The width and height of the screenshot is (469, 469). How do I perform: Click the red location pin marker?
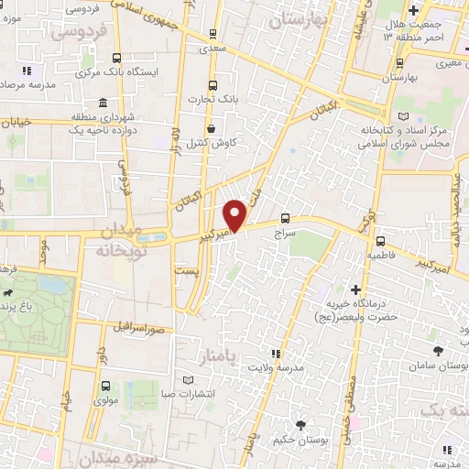(235, 215)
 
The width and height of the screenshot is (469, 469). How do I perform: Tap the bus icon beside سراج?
(287, 218)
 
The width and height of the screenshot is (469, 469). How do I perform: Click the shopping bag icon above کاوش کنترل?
(213, 129)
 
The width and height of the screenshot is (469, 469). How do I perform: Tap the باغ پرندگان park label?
(20, 313)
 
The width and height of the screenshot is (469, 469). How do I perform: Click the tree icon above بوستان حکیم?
(301, 422)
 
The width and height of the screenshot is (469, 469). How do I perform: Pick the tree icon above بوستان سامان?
(439, 351)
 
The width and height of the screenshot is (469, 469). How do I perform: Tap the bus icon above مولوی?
(106, 386)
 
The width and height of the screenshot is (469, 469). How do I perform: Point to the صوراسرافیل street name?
(138, 326)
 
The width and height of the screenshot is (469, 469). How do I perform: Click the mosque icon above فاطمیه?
(378, 243)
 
